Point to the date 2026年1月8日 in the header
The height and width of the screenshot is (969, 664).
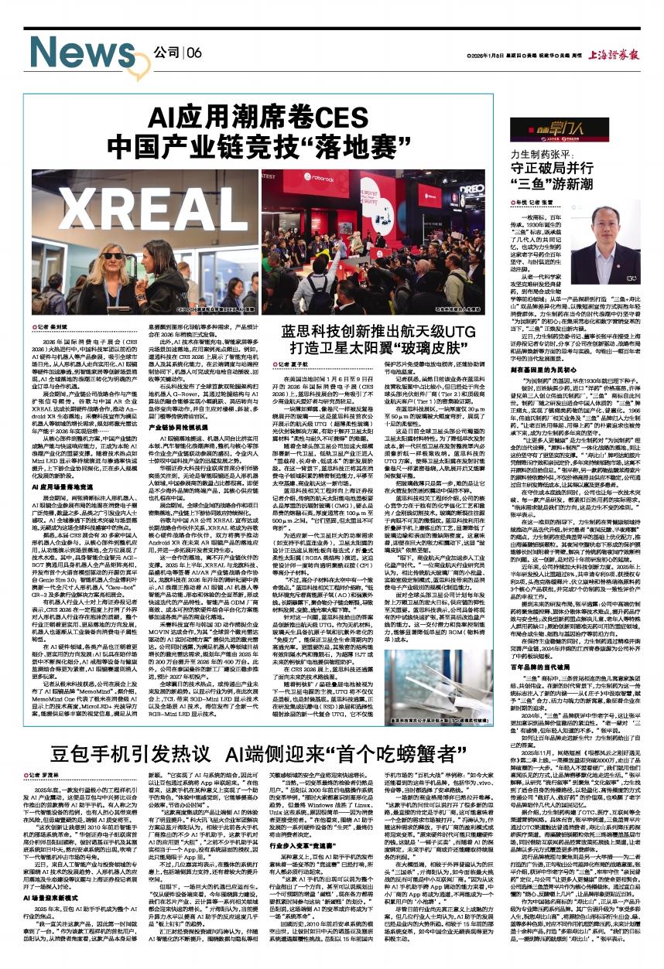(488, 55)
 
